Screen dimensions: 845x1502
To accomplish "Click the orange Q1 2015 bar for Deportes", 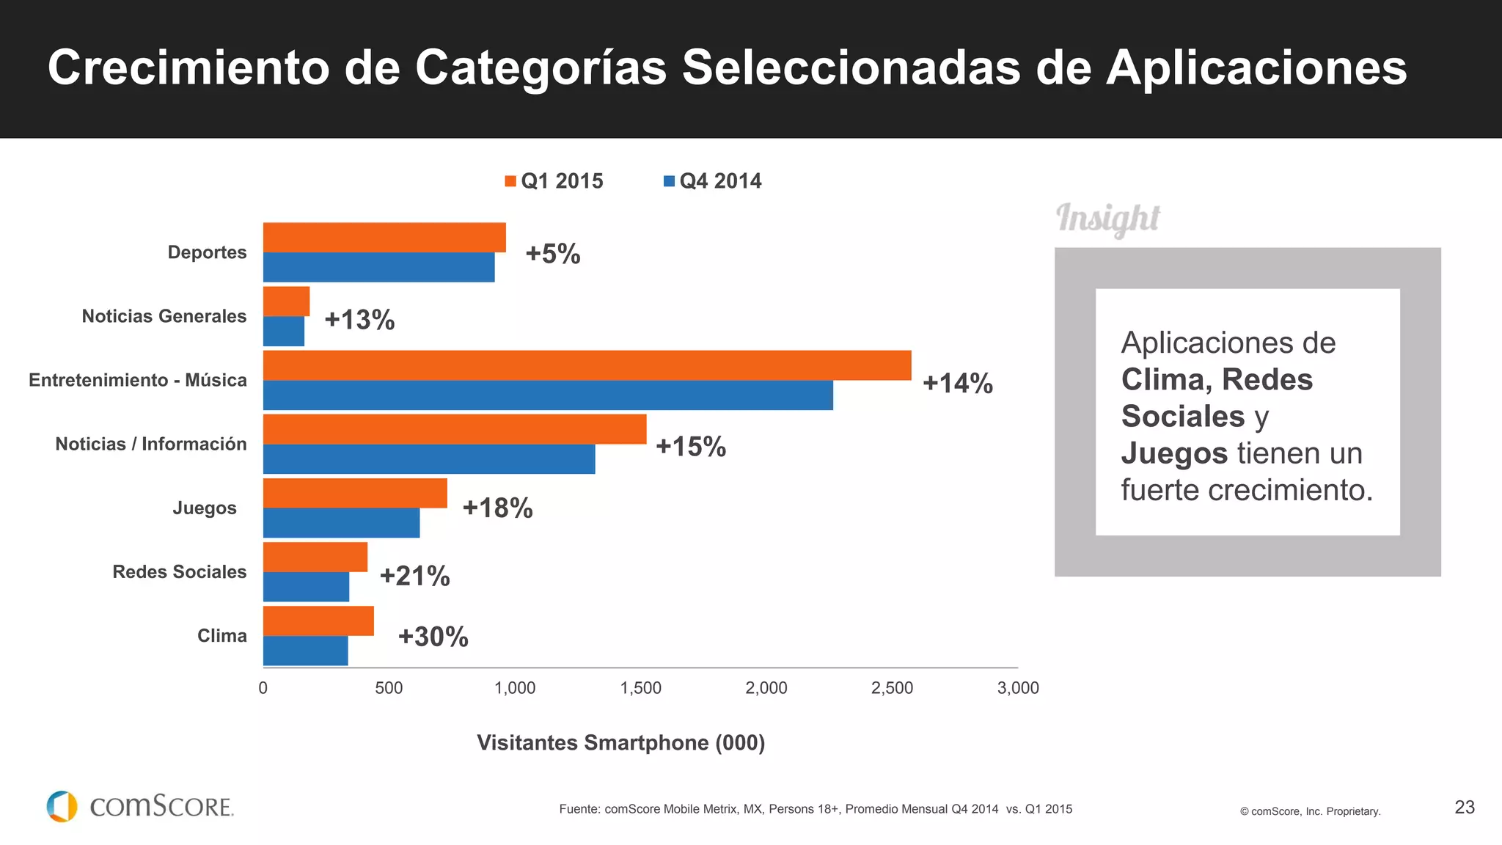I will pyautogui.click(x=384, y=238).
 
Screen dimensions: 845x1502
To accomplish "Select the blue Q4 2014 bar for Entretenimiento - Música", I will pyautogui.click(x=548, y=395).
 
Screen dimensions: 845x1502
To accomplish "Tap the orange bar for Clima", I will pyautogui.click(x=318, y=621).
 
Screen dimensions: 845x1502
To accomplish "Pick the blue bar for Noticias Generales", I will pyautogui.click(x=284, y=332).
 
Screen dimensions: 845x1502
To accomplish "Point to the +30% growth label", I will pyautogui.click(x=433, y=637).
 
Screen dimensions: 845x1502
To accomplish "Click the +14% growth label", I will pyautogui.click(x=957, y=383).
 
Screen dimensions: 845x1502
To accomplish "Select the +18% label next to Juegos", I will pyautogui.click(x=497, y=508).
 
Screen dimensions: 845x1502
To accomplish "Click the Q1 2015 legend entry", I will pyautogui.click(x=554, y=181).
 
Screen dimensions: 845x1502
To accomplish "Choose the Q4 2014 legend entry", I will pyautogui.click(x=712, y=181).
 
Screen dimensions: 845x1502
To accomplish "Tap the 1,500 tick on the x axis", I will pyautogui.click(x=640, y=688).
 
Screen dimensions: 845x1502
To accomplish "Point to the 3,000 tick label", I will pyautogui.click(x=1017, y=688).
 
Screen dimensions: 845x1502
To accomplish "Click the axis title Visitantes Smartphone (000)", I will pyautogui.click(x=620, y=742).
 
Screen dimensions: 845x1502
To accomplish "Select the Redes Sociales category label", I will pyautogui.click(x=179, y=572).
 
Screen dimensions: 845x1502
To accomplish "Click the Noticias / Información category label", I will pyautogui.click(x=150, y=444).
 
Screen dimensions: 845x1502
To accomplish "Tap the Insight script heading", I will pyautogui.click(x=1107, y=219).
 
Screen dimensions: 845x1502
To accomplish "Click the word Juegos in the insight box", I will pyautogui.click(x=1173, y=453).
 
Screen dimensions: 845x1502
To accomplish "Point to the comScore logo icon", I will pyautogui.click(x=62, y=806).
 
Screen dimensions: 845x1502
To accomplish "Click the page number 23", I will pyautogui.click(x=1464, y=807).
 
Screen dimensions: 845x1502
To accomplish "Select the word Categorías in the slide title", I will pyautogui.click(x=541, y=68).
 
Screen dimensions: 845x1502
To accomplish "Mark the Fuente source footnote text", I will pyautogui.click(x=815, y=809).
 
